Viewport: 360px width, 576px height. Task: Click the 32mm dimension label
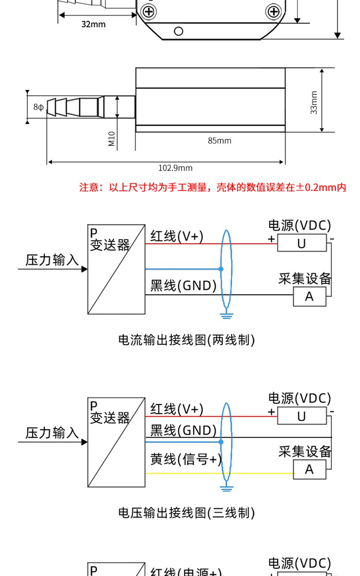[x=93, y=24]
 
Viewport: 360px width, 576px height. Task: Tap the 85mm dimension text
[x=219, y=141]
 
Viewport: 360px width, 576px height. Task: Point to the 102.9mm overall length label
[x=175, y=168]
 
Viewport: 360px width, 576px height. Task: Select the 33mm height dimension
[x=314, y=102]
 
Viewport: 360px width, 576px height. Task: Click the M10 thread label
[x=111, y=139]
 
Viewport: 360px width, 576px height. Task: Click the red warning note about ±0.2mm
[x=212, y=187]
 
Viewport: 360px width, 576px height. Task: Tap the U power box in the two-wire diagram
[x=301, y=243]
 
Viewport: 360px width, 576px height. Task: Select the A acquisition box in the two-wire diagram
[x=309, y=297]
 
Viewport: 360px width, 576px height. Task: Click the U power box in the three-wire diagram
[x=301, y=416]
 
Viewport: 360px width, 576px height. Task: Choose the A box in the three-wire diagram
[x=309, y=468]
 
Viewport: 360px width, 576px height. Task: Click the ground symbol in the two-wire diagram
[x=226, y=315]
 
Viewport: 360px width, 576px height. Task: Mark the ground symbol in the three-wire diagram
[x=226, y=488]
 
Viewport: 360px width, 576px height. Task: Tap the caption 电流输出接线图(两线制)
[x=186, y=340]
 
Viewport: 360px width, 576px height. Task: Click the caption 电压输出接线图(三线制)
[x=186, y=513]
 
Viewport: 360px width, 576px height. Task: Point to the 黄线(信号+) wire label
[x=186, y=459]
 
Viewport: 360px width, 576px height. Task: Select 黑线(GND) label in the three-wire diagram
[x=183, y=430]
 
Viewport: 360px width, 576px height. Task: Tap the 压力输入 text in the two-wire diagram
[x=52, y=260]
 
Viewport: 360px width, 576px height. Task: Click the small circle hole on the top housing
[x=179, y=32]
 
